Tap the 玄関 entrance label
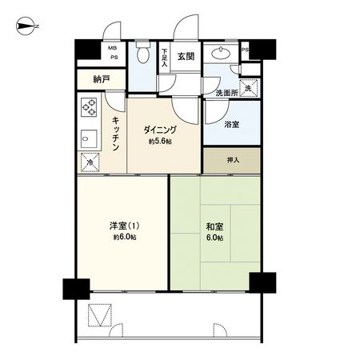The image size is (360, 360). click(x=186, y=56)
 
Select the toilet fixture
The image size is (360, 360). click(x=142, y=54)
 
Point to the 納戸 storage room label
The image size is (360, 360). click(x=101, y=79)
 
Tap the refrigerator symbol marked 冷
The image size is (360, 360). click(x=87, y=159)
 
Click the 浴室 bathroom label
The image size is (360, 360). click(x=232, y=125)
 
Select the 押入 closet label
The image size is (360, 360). click(x=231, y=159)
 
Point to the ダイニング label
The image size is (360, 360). click(x=160, y=130)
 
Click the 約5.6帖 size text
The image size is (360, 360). click(x=160, y=142)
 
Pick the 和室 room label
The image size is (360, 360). click(x=214, y=226)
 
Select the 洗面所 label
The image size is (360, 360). click(x=227, y=94)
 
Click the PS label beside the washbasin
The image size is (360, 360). click(x=245, y=50)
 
